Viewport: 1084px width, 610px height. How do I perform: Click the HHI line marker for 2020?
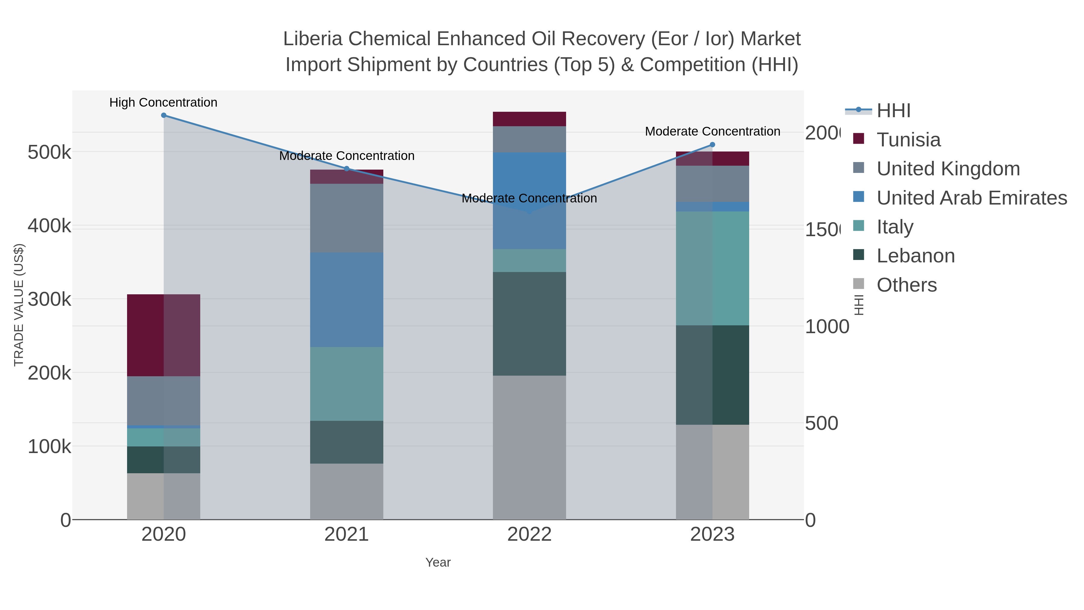[164, 115]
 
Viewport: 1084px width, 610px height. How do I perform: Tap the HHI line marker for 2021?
[347, 169]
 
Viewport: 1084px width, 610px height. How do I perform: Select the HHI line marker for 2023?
[712, 145]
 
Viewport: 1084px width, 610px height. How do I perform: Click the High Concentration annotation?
[163, 103]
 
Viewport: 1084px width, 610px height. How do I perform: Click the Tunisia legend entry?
[908, 140]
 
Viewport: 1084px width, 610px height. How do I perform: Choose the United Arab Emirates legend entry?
[971, 198]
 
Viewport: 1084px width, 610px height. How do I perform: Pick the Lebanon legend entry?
[915, 256]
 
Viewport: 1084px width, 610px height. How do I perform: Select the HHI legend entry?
[893, 111]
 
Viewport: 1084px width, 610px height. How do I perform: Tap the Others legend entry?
[906, 285]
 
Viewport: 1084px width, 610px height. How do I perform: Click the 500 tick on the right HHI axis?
[821, 424]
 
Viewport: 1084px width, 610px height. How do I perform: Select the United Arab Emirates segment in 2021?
[347, 300]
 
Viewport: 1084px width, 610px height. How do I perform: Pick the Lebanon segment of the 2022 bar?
[529, 324]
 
